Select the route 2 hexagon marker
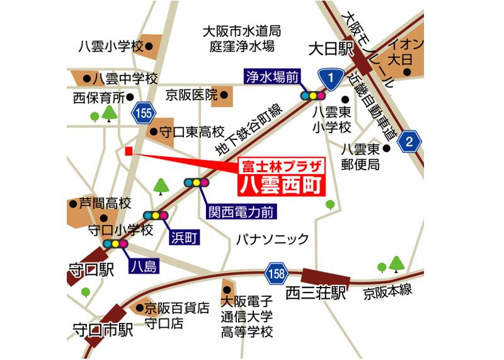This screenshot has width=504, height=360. coord(409,141)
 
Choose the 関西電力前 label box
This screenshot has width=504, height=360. coord(242,212)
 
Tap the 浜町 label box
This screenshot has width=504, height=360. coord(184,237)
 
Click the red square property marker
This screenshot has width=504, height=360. coord(129,151)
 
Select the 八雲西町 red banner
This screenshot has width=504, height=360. coord(282,185)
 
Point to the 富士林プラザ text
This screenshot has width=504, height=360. coord(282,166)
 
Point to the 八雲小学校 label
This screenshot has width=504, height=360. coord(111,46)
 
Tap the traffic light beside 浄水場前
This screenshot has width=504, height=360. coord(313,96)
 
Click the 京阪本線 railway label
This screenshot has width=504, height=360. coord(387,291)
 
